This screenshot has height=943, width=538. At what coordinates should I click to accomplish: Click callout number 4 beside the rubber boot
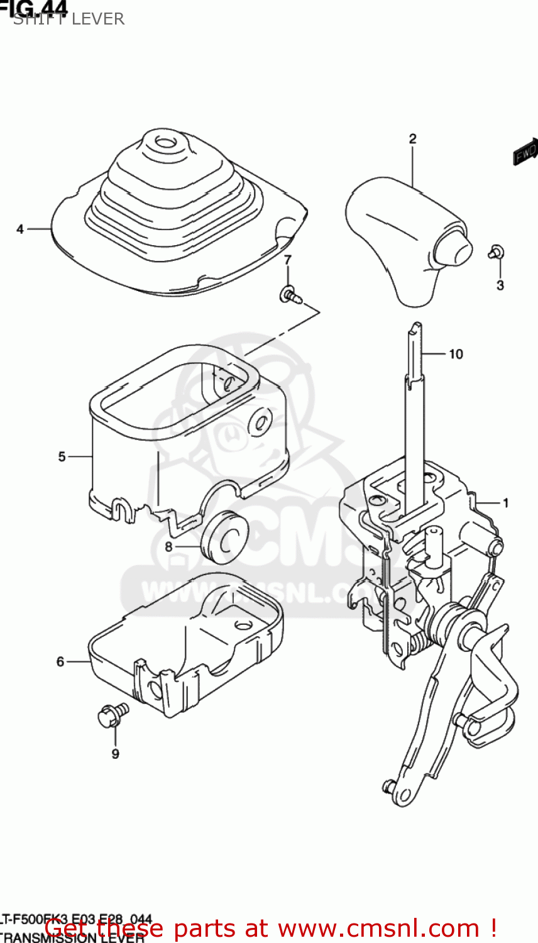point(20,229)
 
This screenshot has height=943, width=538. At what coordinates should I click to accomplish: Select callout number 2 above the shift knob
point(412,139)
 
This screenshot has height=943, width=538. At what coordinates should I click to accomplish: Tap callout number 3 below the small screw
point(500,285)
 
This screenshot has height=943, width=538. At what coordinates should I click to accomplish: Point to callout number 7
point(287,260)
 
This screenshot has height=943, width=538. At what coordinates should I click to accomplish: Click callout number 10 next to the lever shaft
point(455,355)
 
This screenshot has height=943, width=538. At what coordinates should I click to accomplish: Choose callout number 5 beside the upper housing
point(62,456)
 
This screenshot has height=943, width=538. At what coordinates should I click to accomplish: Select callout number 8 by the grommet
point(168,547)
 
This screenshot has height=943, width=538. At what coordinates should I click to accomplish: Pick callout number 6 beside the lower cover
point(60,661)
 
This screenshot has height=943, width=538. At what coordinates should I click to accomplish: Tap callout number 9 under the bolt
point(115,754)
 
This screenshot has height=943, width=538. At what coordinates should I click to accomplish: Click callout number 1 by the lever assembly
point(505,503)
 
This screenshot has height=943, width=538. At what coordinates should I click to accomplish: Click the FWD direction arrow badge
point(525,152)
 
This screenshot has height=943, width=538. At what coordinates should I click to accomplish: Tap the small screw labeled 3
point(496,252)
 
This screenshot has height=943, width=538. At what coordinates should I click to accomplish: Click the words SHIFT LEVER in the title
point(69,19)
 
